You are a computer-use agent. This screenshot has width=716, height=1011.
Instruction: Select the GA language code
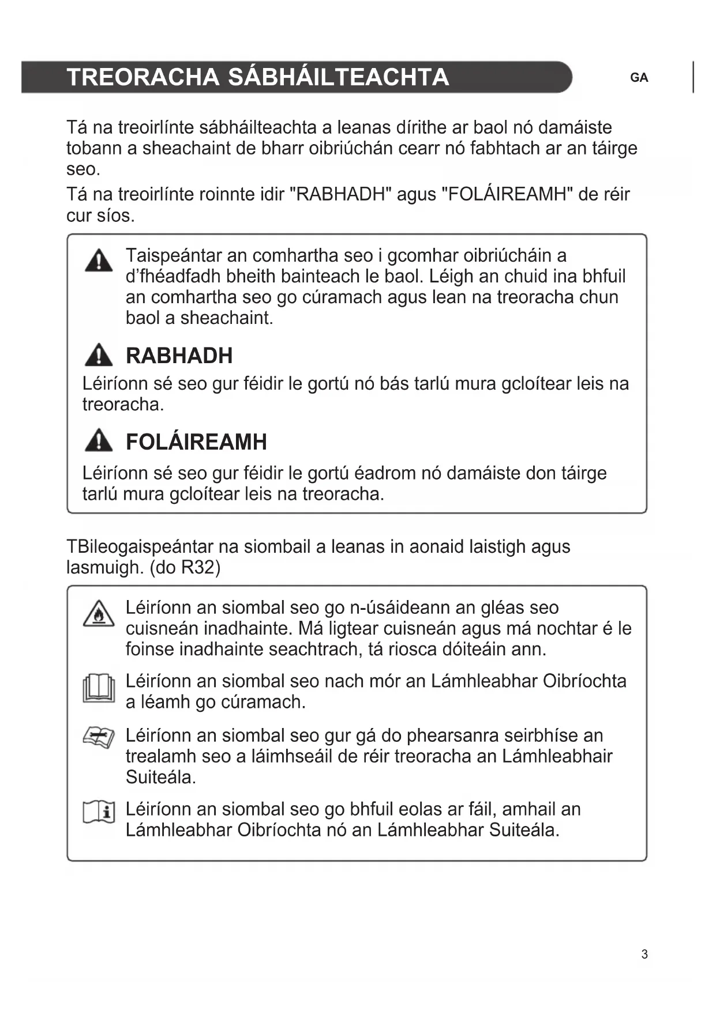[639, 78]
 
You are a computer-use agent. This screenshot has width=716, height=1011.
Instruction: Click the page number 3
[644, 955]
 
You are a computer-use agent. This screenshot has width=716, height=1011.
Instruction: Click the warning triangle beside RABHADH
[99, 355]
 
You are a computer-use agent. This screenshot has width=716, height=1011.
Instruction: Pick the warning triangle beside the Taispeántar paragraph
[99, 261]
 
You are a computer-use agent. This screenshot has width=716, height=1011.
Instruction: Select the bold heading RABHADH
[179, 356]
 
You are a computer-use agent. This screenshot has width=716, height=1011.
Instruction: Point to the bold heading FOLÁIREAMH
[196, 442]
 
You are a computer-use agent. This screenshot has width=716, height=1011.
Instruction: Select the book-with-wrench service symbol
[99, 737]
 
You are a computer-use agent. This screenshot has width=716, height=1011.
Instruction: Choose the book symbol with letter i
[99, 812]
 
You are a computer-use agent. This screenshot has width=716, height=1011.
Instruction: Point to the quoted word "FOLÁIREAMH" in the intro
[506, 194]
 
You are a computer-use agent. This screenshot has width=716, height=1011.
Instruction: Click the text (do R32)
[185, 568]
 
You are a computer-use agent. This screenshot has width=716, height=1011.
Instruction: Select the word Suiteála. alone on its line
[160, 777]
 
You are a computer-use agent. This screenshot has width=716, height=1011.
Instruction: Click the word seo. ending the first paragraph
[84, 169]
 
